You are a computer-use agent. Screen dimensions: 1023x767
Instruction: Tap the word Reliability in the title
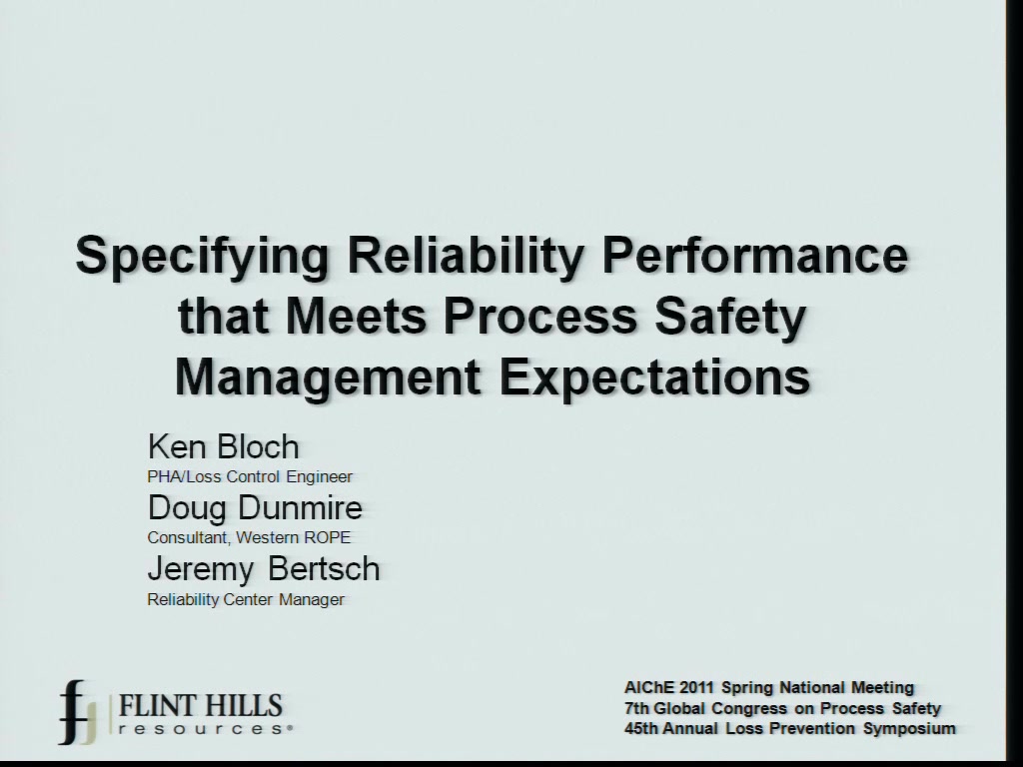click(x=464, y=255)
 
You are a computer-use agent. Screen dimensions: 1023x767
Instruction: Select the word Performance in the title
click(x=754, y=255)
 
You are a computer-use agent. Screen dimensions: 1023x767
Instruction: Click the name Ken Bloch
click(x=223, y=446)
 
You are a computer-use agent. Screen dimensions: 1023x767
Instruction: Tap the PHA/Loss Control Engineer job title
click(x=250, y=476)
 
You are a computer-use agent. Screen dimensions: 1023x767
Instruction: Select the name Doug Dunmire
click(x=255, y=507)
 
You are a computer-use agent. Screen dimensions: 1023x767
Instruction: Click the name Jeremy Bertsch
click(x=264, y=568)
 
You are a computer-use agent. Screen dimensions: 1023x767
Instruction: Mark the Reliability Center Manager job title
click(x=246, y=599)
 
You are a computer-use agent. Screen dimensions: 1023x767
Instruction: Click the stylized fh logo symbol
click(x=78, y=712)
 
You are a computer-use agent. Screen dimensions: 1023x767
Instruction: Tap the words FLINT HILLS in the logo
click(x=200, y=706)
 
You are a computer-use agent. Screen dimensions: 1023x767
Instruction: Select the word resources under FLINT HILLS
click(x=203, y=728)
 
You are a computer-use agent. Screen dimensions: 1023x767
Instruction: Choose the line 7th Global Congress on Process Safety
click(x=782, y=708)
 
